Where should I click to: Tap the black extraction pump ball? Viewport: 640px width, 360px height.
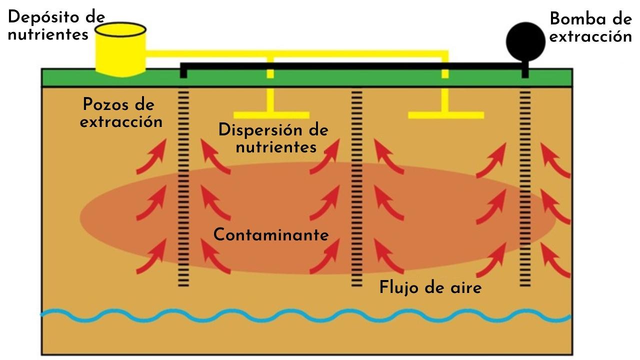click(x=525, y=40)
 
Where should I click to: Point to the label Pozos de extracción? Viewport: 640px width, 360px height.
click(x=121, y=113)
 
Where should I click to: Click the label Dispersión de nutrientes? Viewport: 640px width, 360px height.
click(x=274, y=138)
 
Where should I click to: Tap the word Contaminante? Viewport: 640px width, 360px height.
click(x=271, y=234)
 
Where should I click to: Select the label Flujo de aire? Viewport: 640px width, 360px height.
click(x=430, y=287)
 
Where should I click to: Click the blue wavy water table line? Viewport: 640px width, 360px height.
click(x=305, y=316)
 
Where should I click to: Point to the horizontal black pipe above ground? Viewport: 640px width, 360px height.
click(x=350, y=66)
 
